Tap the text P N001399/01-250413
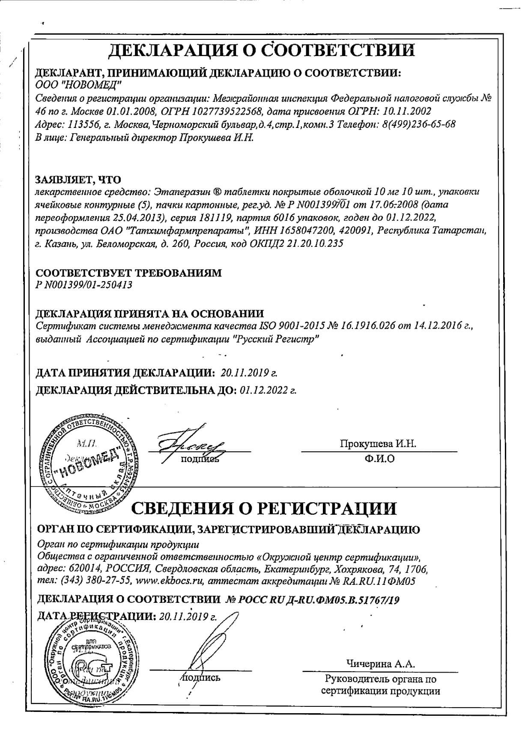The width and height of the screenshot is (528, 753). point(84,285)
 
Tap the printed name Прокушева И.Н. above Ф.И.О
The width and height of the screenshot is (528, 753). point(378,444)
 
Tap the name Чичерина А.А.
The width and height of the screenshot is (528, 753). point(381,664)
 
